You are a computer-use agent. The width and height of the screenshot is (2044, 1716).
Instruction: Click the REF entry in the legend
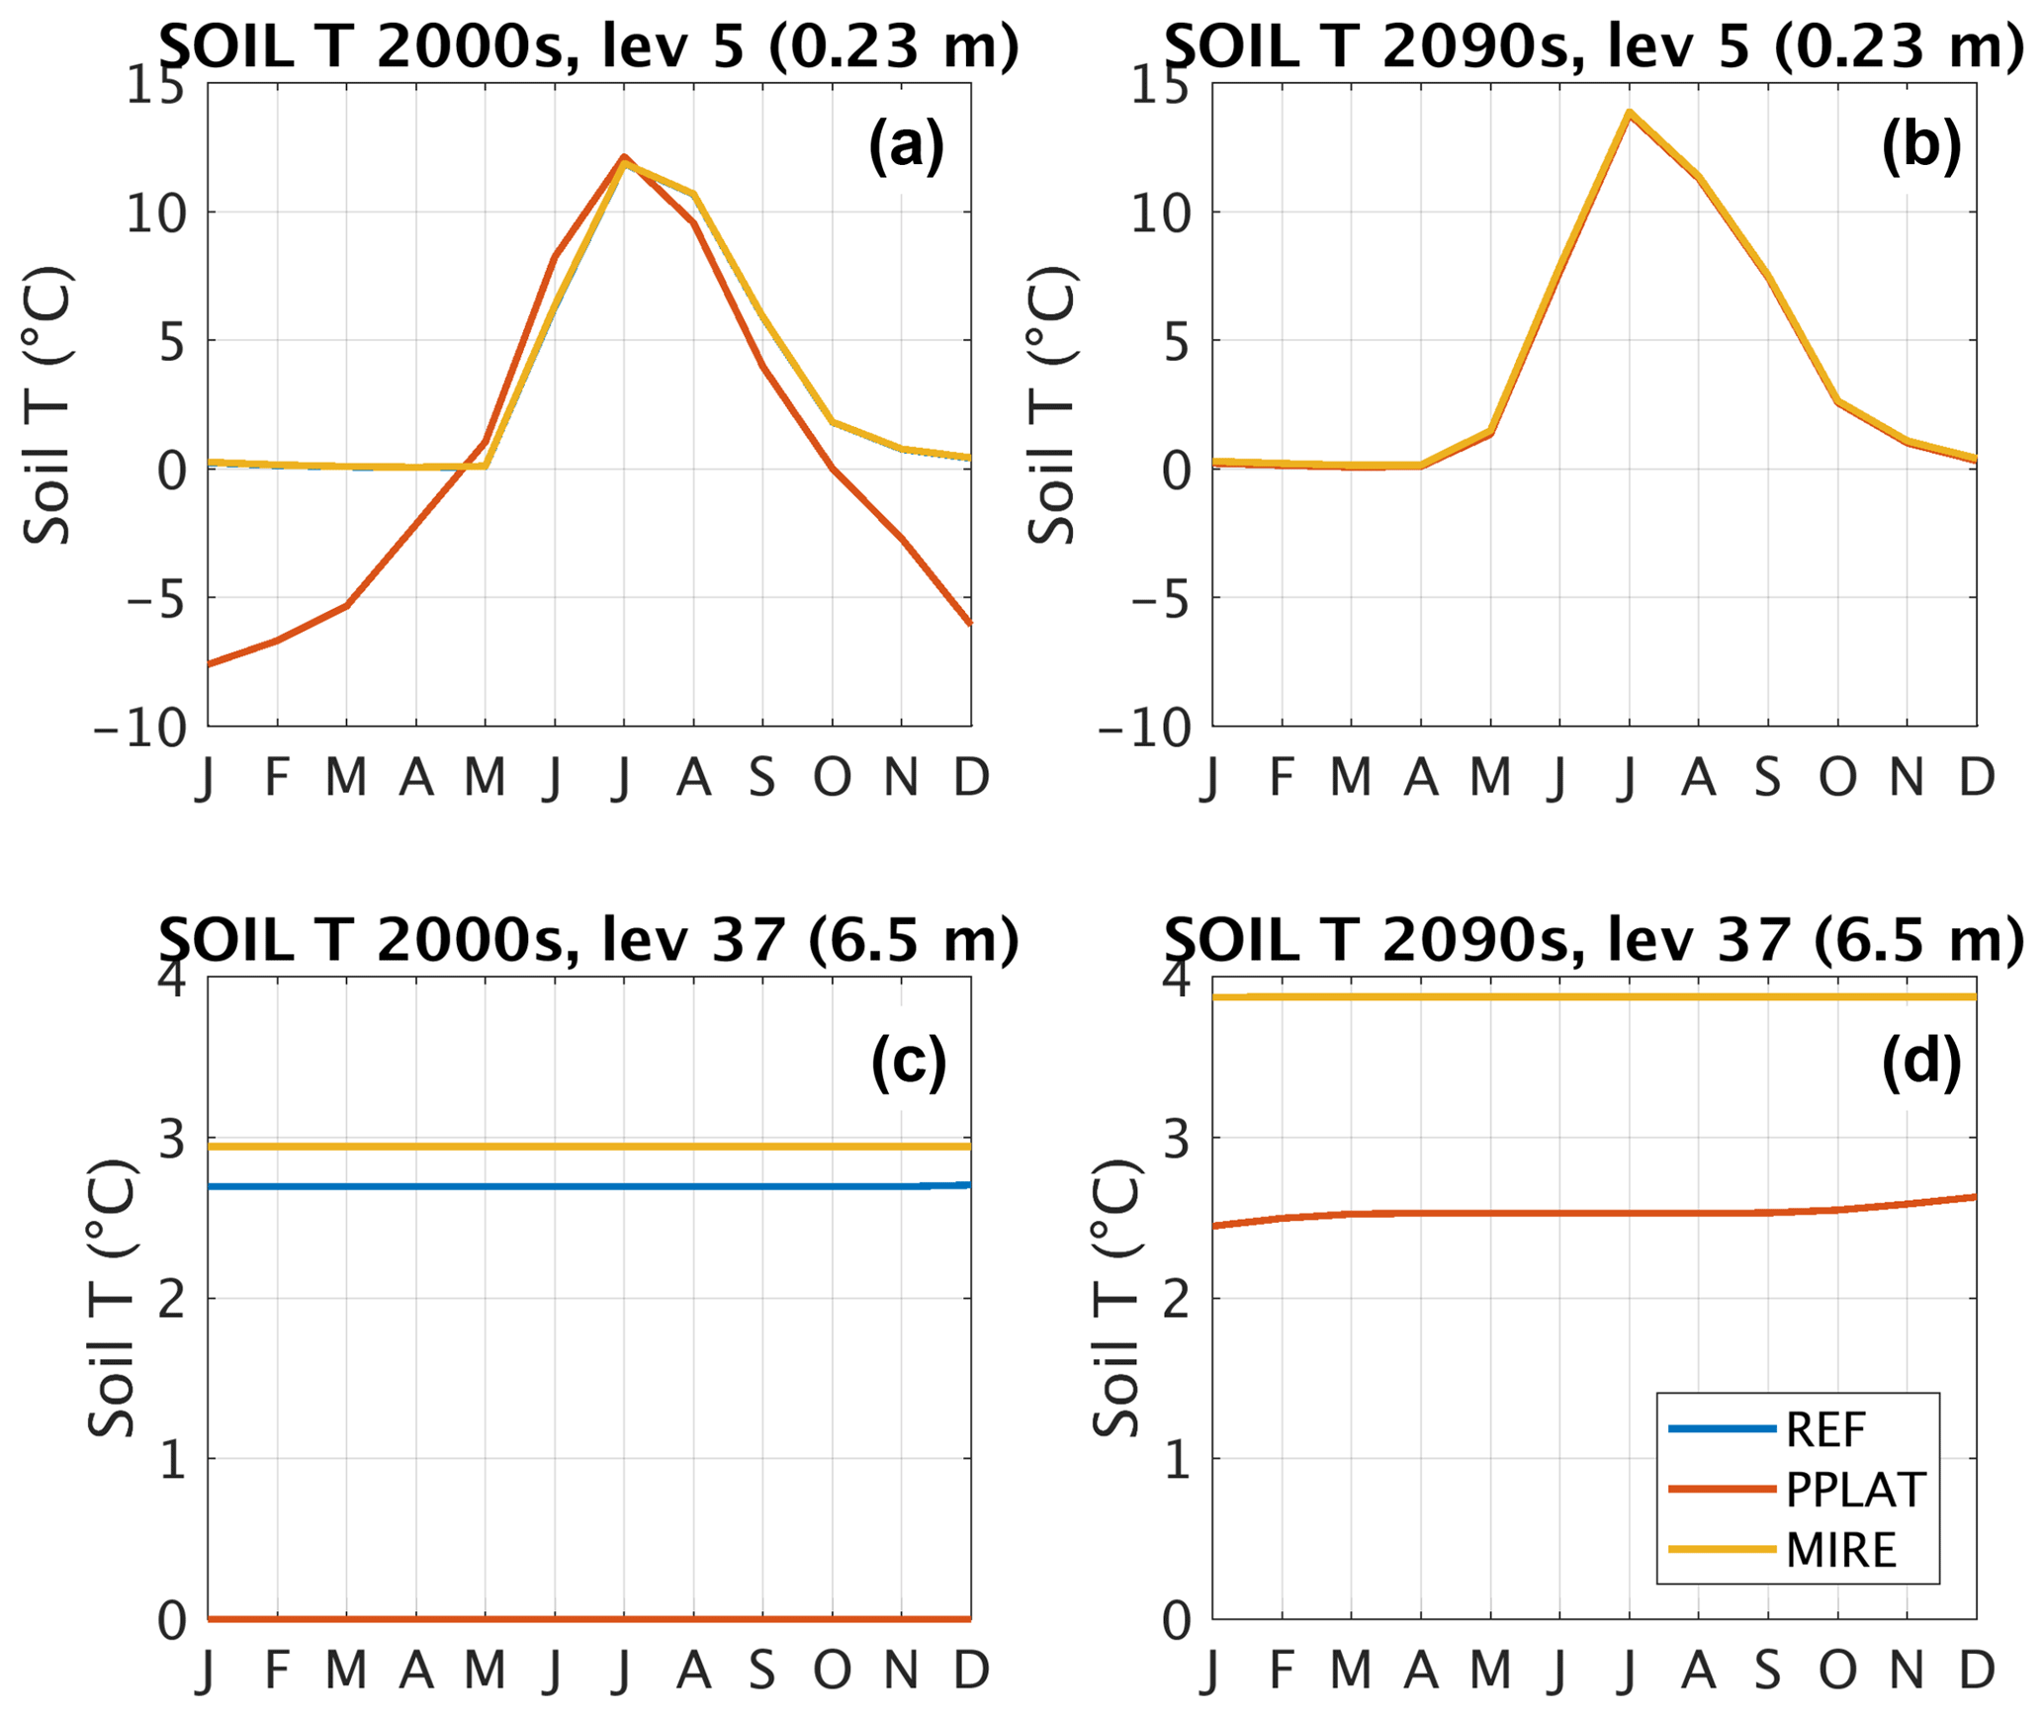[x=1825, y=1430]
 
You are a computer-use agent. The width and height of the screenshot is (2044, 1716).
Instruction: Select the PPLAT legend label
[x=1856, y=1490]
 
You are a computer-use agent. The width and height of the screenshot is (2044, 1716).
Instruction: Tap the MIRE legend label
[x=1841, y=1549]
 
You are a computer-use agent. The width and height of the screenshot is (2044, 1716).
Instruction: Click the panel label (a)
[x=906, y=146]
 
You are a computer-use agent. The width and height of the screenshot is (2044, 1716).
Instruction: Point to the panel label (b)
[x=1920, y=146]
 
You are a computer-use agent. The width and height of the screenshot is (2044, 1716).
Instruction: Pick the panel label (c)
[x=908, y=1062]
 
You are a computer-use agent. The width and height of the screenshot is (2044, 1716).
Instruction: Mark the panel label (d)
[x=1920, y=1062]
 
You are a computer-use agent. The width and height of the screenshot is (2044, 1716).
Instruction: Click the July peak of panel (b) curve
[x=1629, y=112]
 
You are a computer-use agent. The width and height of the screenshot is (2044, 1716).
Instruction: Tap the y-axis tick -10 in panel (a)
[x=140, y=730]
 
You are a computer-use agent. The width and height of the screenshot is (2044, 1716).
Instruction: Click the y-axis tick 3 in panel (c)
[x=172, y=1141]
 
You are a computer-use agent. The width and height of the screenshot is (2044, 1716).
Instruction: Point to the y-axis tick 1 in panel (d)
[x=1177, y=1460]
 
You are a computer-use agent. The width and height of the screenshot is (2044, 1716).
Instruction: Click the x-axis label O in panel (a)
[x=832, y=778]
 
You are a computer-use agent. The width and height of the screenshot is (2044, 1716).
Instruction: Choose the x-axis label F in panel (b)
[x=1282, y=778]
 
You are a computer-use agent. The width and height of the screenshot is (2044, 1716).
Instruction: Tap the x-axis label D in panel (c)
[x=971, y=1671]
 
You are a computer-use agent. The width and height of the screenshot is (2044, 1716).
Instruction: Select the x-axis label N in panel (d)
[x=1907, y=1671]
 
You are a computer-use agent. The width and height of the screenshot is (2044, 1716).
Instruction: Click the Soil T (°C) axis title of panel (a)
[x=47, y=405]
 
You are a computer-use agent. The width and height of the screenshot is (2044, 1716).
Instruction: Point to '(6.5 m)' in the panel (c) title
[x=913, y=939]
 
